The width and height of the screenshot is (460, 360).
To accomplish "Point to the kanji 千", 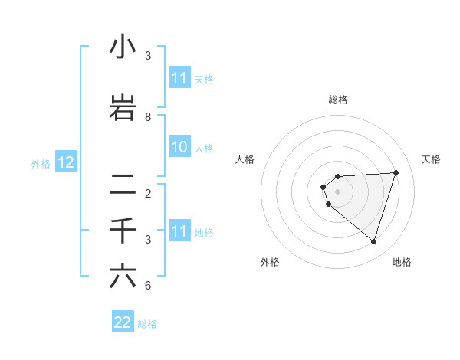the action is tap(123, 231).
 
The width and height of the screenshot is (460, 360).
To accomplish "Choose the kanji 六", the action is tap(123, 277).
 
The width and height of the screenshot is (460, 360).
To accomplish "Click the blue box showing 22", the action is tap(123, 322).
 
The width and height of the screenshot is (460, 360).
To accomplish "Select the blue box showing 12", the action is tap(66, 162).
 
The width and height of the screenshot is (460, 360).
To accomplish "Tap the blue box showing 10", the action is tap(179, 148).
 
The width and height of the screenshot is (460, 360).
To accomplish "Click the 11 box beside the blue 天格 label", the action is tap(179, 78).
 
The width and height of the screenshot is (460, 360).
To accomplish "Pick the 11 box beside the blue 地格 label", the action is tap(179, 232).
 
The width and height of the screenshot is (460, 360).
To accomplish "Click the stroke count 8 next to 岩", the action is tap(148, 117).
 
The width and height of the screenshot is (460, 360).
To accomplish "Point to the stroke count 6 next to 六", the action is tap(148, 286).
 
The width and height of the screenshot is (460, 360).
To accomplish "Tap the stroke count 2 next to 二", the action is tap(148, 194).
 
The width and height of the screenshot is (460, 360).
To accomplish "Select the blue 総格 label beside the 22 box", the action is tap(147, 324).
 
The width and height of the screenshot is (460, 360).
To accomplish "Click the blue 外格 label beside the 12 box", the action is tap(41, 163).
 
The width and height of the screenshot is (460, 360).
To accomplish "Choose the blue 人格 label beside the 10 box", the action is tap(204, 149).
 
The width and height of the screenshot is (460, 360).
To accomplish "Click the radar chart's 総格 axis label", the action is tap(338, 100).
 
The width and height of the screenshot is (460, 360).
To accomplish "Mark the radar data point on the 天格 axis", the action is tap(396, 172).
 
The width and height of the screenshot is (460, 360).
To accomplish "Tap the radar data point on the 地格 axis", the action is tap(373, 241).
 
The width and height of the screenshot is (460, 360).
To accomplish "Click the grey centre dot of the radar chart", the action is tap(338, 191).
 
